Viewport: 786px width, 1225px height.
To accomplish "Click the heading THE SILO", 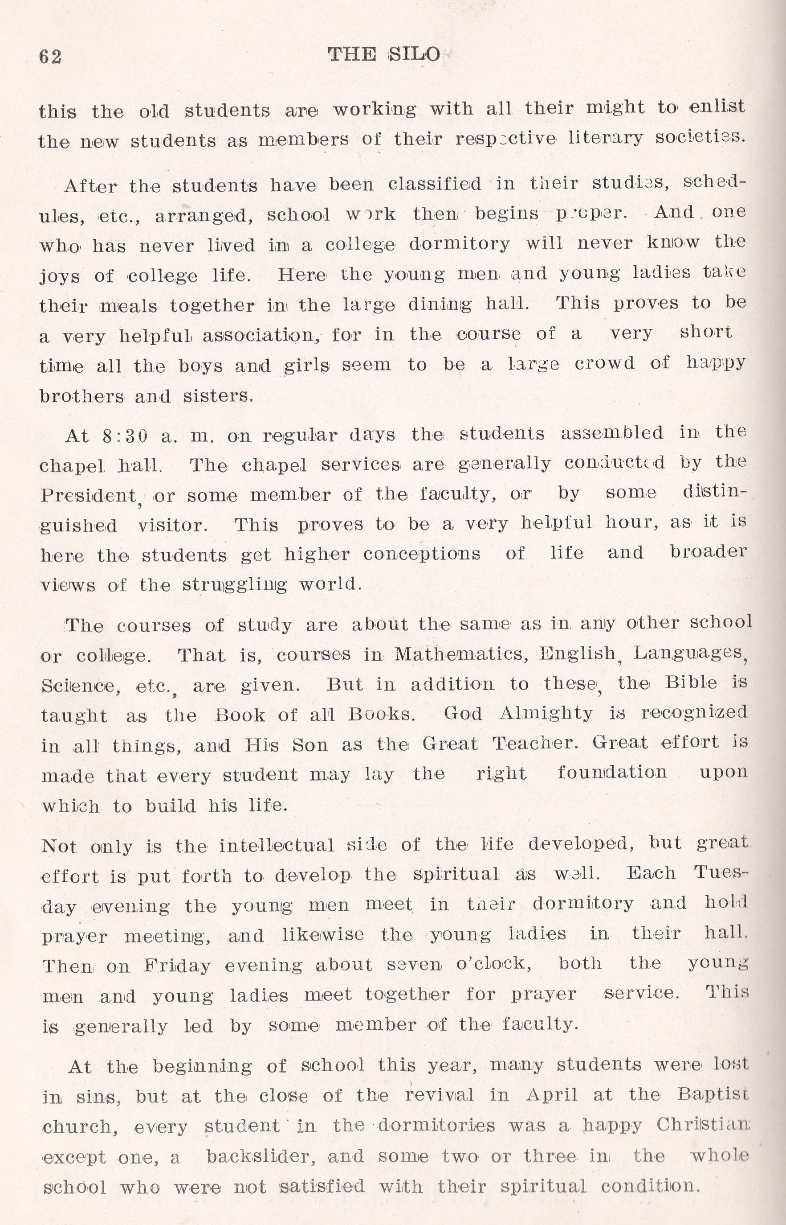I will point(383,54).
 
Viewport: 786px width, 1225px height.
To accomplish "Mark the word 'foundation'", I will point(611,773).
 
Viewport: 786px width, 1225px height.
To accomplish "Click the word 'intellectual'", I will point(276,846).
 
